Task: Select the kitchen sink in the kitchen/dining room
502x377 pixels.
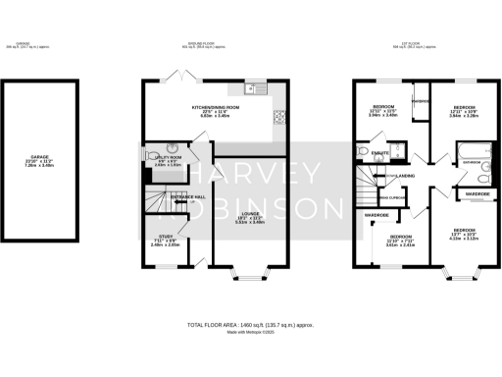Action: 256,90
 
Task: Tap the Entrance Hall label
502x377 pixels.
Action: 189,198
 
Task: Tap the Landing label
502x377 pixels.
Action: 405,176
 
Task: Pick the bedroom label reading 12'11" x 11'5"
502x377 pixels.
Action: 381,112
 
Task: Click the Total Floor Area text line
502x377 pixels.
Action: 250,323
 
